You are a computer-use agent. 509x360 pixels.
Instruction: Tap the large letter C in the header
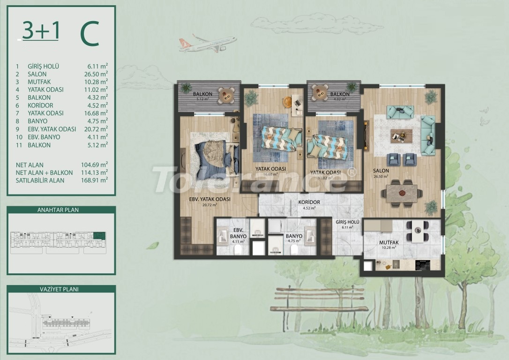click(89, 34)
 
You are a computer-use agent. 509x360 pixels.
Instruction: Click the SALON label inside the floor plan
click(381, 171)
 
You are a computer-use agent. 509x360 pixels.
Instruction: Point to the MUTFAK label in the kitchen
click(388, 242)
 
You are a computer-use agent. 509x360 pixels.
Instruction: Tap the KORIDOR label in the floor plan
click(308, 202)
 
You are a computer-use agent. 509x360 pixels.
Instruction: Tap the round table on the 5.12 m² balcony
click(227, 95)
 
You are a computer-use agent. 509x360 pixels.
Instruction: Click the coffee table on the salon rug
click(401, 135)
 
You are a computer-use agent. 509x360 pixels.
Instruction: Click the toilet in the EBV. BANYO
click(238, 250)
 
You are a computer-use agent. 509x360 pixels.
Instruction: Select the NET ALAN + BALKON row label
click(44, 172)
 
